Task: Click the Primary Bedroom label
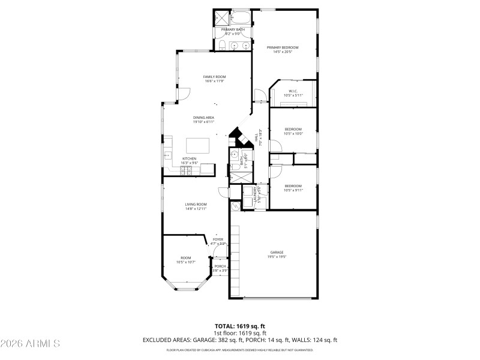282,47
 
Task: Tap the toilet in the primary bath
220,44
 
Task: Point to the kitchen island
198,145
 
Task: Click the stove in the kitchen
187,170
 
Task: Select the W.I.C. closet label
293,91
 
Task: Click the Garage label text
277,252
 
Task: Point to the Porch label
220,266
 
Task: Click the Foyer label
218,239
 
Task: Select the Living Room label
196,205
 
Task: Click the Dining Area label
203,117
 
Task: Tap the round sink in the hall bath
234,154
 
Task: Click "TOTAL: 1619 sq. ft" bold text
239,326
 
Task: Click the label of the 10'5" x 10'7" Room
186,258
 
